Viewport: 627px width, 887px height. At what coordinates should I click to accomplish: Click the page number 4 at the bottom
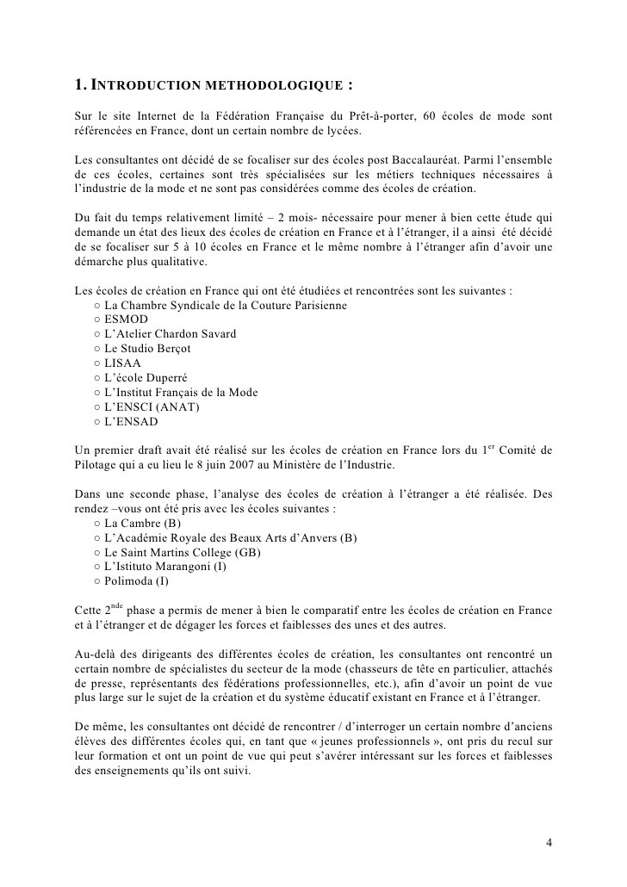(x=549, y=841)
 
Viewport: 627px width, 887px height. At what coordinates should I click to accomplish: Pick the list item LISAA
(x=122, y=363)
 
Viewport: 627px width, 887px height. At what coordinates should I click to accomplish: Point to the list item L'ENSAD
(x=131, y=422)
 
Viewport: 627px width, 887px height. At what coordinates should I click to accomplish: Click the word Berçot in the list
(x=171, y=349)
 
